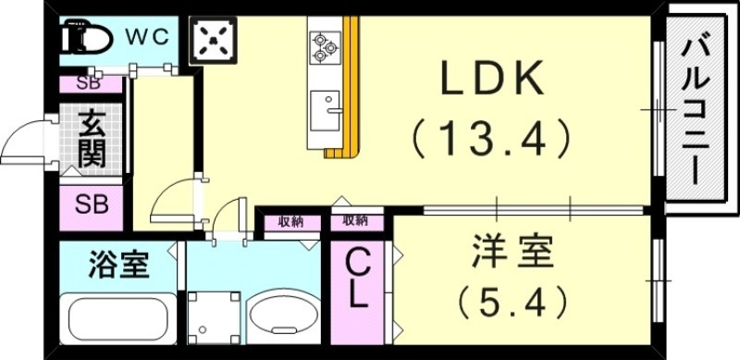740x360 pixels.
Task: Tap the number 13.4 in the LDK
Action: (x=489, y=140)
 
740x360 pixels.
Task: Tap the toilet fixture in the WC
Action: (x=86, y=39)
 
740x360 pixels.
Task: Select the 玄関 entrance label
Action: (x=91, y=139)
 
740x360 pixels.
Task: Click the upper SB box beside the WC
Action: (x=90, y=84)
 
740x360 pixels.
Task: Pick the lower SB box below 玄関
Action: (x=90, y=204)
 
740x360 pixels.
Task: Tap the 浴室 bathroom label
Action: (x=119, y=266)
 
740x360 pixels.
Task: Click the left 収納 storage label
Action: (x=290, y=222)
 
